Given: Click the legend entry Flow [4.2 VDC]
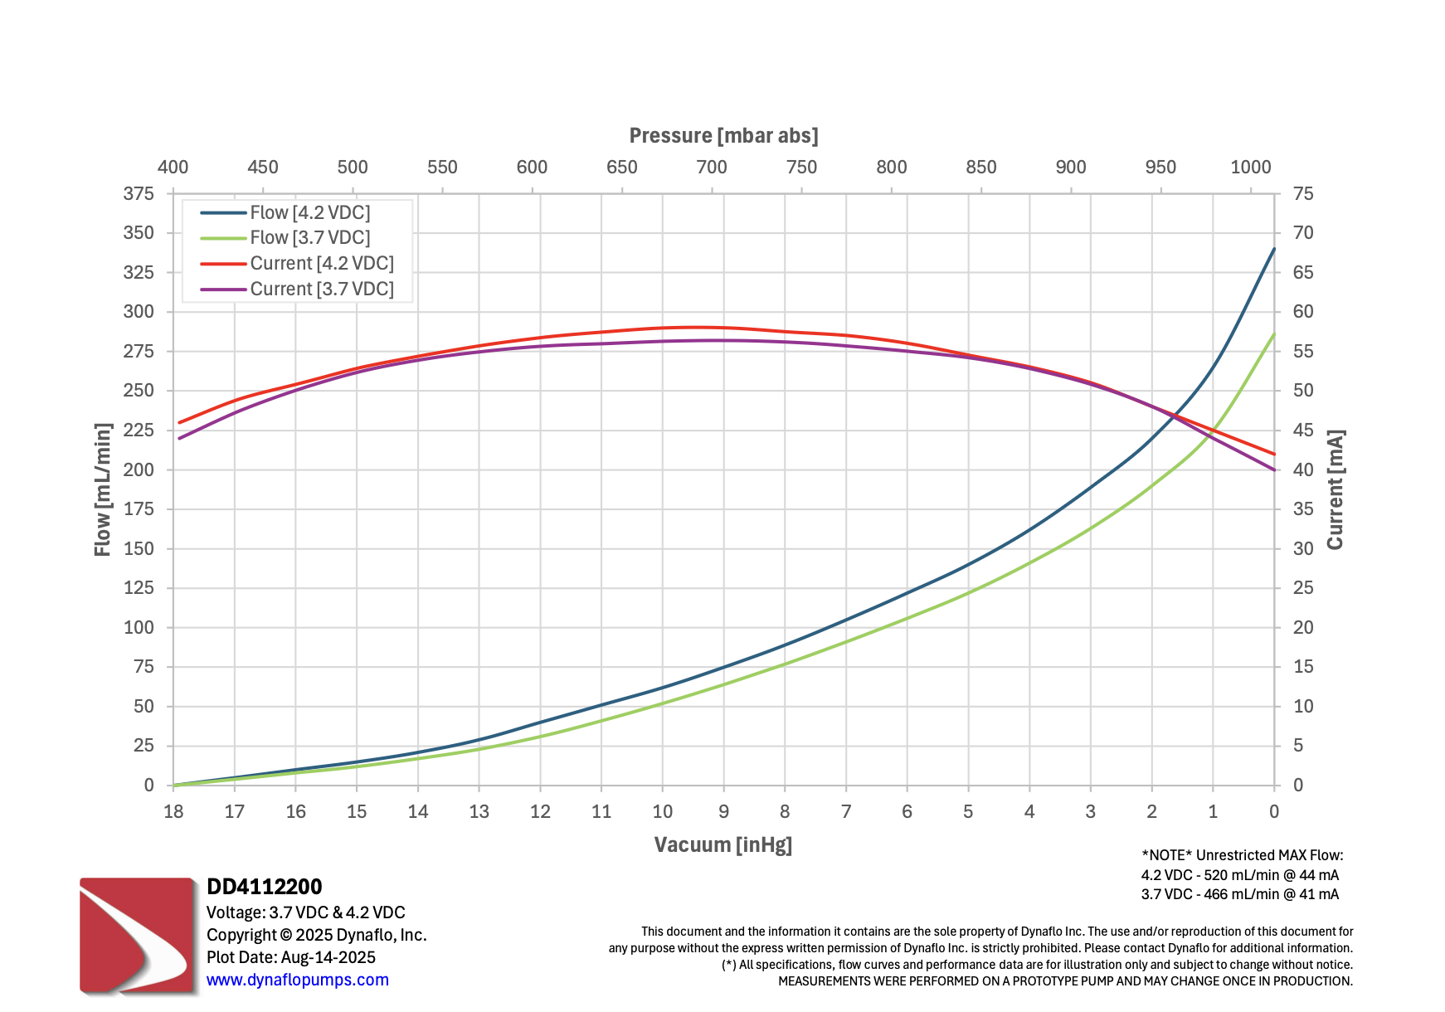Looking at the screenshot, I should pyautogui.click(x=309, y=213).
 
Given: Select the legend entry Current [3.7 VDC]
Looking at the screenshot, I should pyautogui.click(x=321, y=289).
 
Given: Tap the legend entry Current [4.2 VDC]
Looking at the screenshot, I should pyautogui.click(x=321, y=264).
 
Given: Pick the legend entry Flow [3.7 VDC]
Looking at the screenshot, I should pyautogui.click(x=309, y=238).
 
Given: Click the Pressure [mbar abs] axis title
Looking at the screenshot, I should pyautogui.click(x=723, y=136).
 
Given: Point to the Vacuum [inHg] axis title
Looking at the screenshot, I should pyautogui.click(x=722, y=845).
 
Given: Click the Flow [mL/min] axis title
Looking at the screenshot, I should pyautogui.click(x=103, y=489).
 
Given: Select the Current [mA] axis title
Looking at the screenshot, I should pyautogui.click(x=1335, y=489).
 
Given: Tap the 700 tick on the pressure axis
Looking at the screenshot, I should pyautogui.click(x=712, y=168).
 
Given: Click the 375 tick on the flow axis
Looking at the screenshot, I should pyautogui.click(x=139, y=194).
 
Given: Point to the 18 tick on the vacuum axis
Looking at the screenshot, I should pyautogui.click(x=173, y=812).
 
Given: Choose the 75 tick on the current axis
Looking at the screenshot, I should pyautogui.click(x=1303, y=194).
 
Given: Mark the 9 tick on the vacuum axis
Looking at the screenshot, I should pyautogui.click(x=723, y=812).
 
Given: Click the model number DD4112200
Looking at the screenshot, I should pyautogui.click(x=264, y=887).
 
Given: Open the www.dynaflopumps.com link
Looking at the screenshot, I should pyautogui.click(x=297, y=980).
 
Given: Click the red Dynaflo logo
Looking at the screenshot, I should pyautogui.click(x=138, y=935).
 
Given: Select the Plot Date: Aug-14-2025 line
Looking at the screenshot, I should pyautogui.click(x=290, y=957).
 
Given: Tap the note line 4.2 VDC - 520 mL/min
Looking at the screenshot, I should pyautogui.click(x=1239, y=875).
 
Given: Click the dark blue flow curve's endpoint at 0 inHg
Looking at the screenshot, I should pyautogui.click(x=1274, y=249).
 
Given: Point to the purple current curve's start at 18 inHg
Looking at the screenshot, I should pyautogui.click(x=179, y=439).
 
